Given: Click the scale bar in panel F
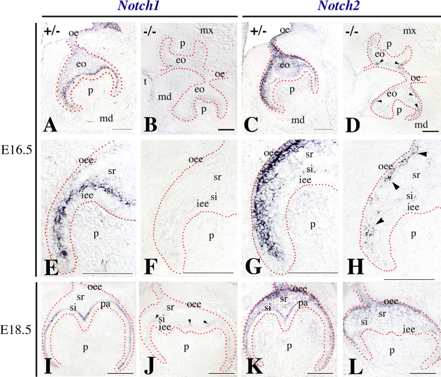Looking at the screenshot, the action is point(210,272).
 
